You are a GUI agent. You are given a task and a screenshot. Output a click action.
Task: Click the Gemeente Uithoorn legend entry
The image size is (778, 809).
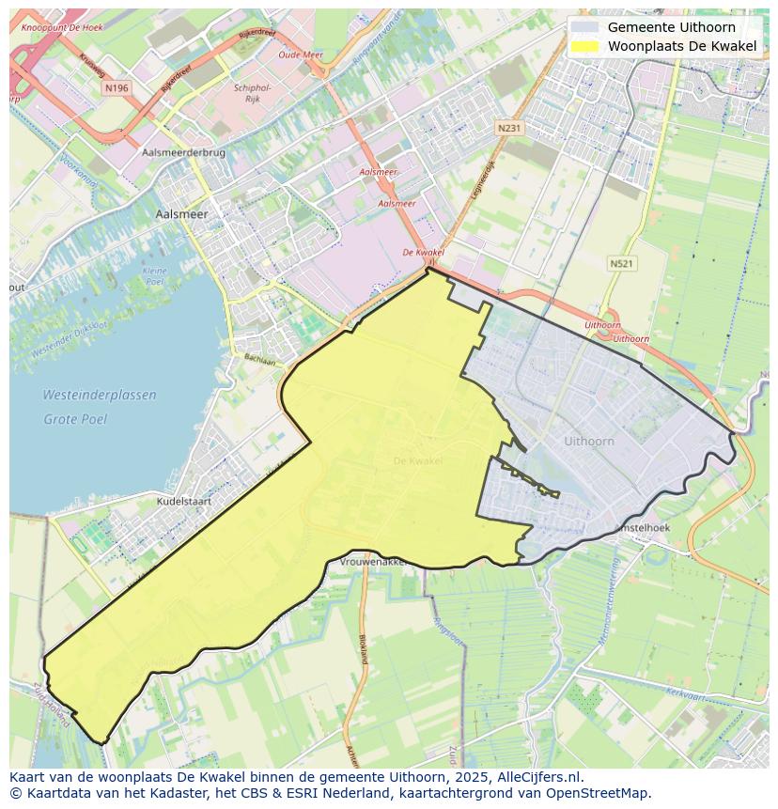point(671,27)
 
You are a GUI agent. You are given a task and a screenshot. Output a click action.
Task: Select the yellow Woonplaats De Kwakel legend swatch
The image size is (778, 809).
point(584,46)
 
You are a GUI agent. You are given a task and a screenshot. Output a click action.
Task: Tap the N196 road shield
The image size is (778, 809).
point(117,87)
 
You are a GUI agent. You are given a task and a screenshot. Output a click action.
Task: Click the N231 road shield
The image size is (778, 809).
point(509,128)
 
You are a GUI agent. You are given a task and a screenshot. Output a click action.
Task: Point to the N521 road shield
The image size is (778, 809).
point(621,264)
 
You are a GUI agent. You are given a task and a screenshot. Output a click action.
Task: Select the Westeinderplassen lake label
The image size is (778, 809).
point(100,396)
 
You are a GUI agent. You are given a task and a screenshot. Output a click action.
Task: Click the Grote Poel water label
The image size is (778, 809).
point(75,419)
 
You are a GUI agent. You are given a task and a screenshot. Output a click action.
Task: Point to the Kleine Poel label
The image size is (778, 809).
point(154,276)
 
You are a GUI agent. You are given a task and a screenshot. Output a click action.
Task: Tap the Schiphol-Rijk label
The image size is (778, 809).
point(251,93)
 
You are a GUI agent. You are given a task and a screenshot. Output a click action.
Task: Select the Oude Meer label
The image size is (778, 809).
point(301,55)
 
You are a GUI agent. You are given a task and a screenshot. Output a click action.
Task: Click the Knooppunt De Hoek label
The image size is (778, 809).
point(63,27)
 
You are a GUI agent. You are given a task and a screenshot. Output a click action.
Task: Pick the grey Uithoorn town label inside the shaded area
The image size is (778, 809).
point(589,441)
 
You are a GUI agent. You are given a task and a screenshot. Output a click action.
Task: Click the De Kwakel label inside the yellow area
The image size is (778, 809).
point(417,460)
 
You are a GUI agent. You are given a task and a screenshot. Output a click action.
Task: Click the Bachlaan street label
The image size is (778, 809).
point(260,360)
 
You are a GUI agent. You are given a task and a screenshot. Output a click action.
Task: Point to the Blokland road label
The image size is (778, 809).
point(364,647)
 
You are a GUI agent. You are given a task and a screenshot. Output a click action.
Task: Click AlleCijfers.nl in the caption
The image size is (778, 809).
point(542,777)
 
